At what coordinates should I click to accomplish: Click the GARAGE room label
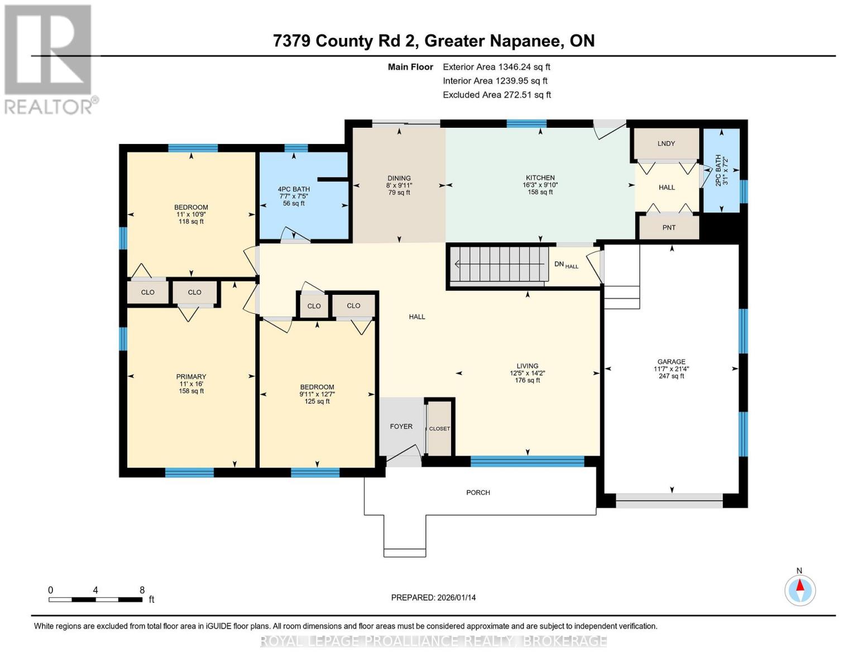pos(671,362)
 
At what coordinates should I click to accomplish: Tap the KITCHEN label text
pos(540,178)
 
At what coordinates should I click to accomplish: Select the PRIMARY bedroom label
pos(191,377)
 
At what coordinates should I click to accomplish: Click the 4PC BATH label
pos(294,189)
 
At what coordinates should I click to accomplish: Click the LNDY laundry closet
pos(666,144)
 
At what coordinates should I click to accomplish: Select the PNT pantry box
pos(669,227)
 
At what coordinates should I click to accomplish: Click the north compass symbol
pos(800,590)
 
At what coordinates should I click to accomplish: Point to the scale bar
pos(95,600)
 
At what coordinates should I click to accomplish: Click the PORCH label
pos(478,492)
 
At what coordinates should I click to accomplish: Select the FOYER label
pos(401,427)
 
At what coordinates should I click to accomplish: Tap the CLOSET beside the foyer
pos(439,428)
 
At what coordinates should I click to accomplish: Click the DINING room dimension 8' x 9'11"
pos(399,185)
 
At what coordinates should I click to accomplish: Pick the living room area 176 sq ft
pos(527,380)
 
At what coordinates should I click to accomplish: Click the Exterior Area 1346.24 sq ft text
pos(496,67)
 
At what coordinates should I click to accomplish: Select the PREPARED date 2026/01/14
pos(433,597)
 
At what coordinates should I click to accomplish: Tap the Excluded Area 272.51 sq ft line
pos(497,95)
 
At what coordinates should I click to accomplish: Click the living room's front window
pos(527,461)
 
